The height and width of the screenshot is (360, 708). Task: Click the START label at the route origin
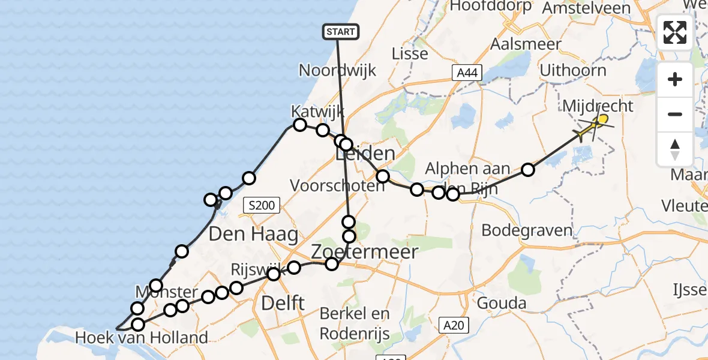[x=341, y=32]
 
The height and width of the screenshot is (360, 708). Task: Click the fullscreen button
[x=675, y=32]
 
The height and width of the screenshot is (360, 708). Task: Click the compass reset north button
[x=675, y=149]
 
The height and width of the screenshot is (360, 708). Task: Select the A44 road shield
[x=467, y=73]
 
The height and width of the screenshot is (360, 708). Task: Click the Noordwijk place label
[x=338, y=70]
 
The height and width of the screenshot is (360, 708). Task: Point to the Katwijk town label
[x=318, y=112]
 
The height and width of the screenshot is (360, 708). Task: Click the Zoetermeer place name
[x=364, y=252]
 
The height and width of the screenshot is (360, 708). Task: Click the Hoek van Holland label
[x=142, y=338]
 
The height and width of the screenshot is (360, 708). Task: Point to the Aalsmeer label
[x=526, y=44]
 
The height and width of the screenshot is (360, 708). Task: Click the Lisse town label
[x=410, y=53]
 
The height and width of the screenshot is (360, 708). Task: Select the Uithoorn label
[x=573, y=71]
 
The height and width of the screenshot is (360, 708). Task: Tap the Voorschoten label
[x=337, y=185]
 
